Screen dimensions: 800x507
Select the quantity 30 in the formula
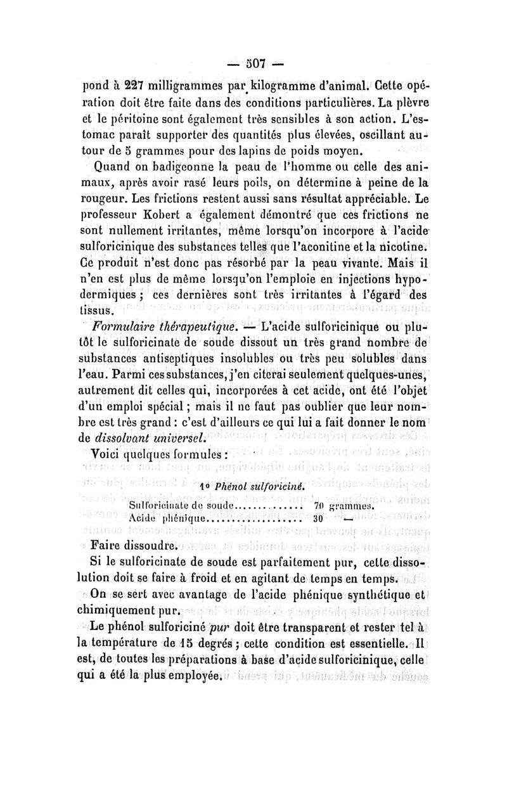click(x=319, y=518)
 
